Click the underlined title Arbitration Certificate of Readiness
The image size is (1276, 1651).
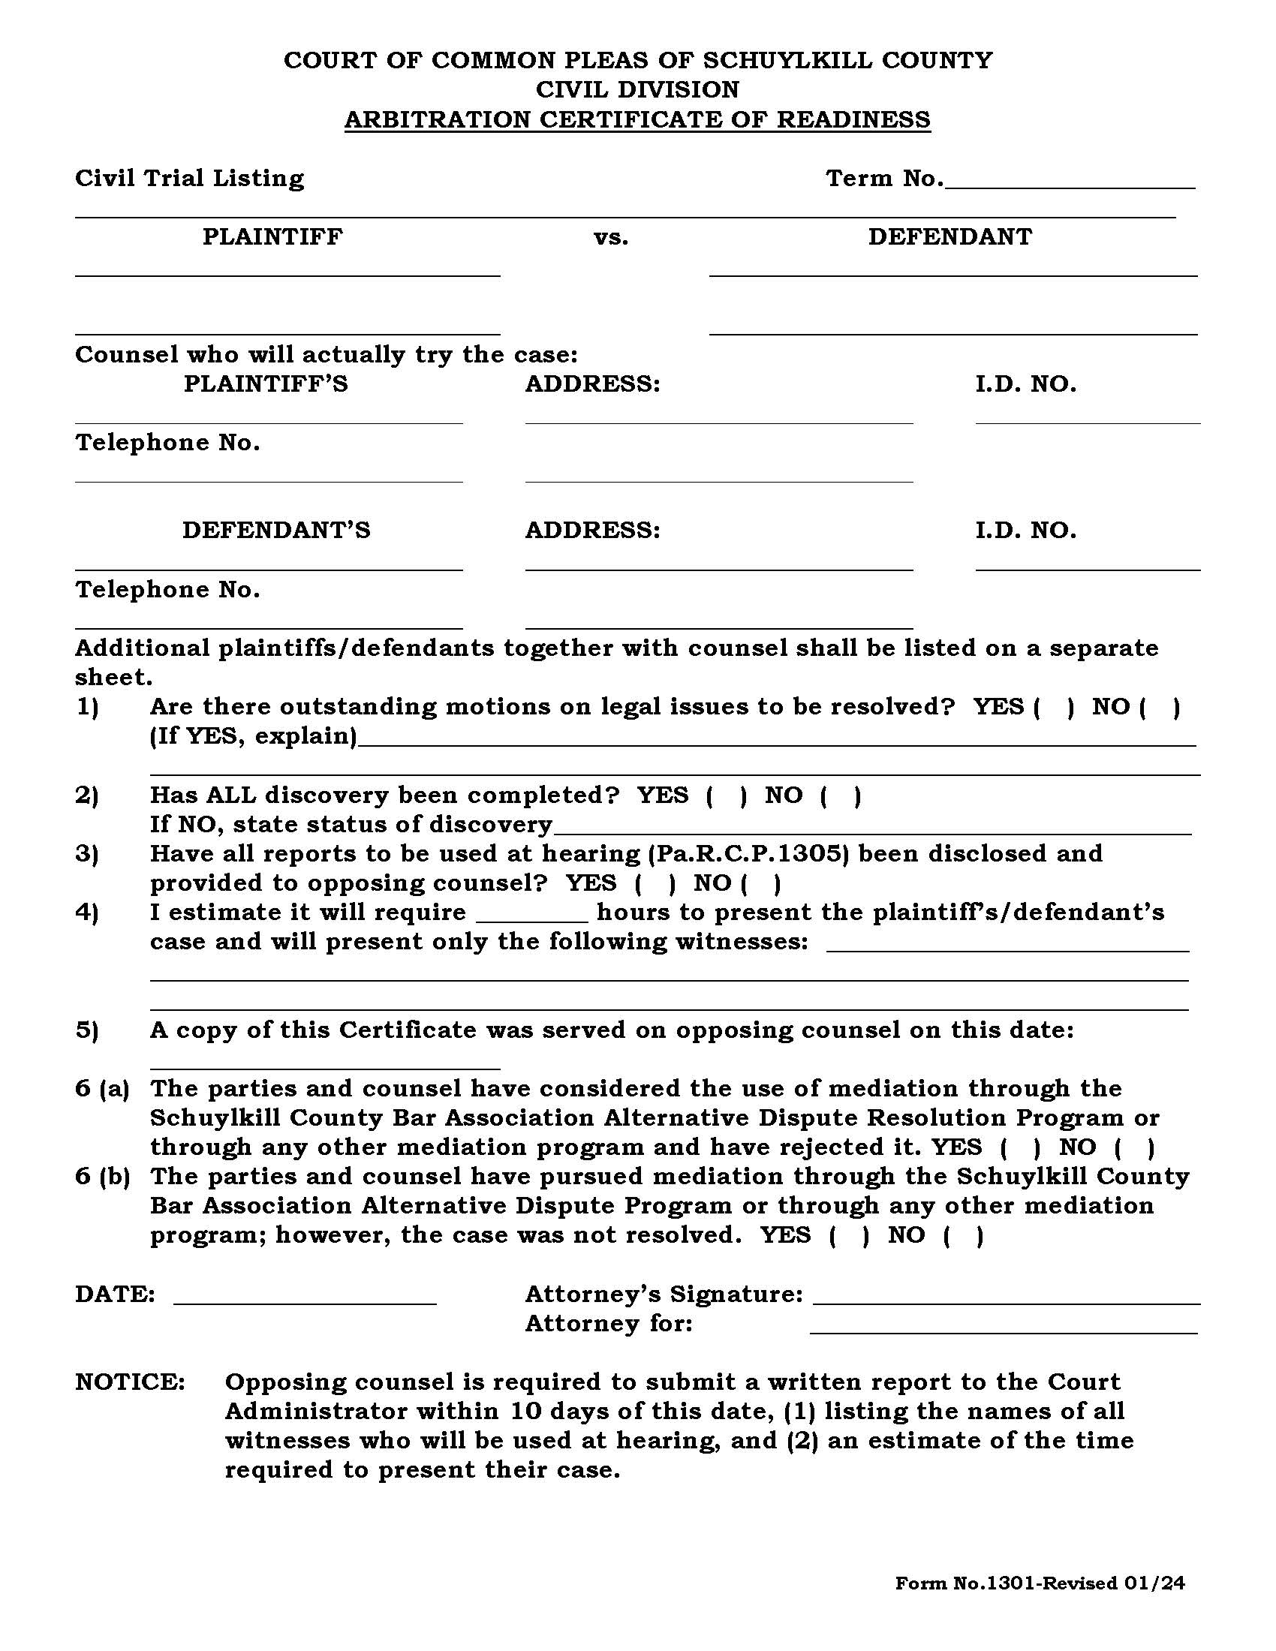(x=637, y=119)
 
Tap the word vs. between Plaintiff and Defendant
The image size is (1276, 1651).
(x=611, y=237)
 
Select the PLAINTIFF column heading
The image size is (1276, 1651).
(x=272, y=236)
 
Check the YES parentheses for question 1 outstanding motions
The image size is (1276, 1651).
(x=1053, y=708)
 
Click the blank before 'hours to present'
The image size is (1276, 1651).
(x=531, y=916)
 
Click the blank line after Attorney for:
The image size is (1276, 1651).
(x=1003, y=1325)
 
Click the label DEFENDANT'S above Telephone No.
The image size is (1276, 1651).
(x=276, y=531)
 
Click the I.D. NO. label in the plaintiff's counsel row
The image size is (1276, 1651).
(x=1025, y=384)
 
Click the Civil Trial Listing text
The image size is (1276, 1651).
(x=189, y=179)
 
